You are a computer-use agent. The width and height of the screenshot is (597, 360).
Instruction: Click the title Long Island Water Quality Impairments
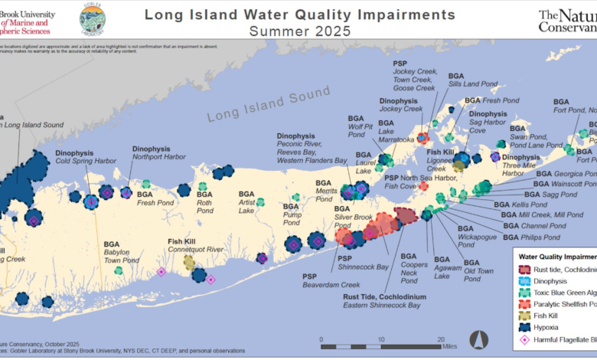299,15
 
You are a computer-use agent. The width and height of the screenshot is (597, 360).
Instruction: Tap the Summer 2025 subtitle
300,31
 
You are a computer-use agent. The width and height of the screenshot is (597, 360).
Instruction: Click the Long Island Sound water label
256,107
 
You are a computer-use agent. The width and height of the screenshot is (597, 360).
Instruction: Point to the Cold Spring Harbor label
86,161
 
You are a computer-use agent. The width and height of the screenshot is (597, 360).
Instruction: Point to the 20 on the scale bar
441,339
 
